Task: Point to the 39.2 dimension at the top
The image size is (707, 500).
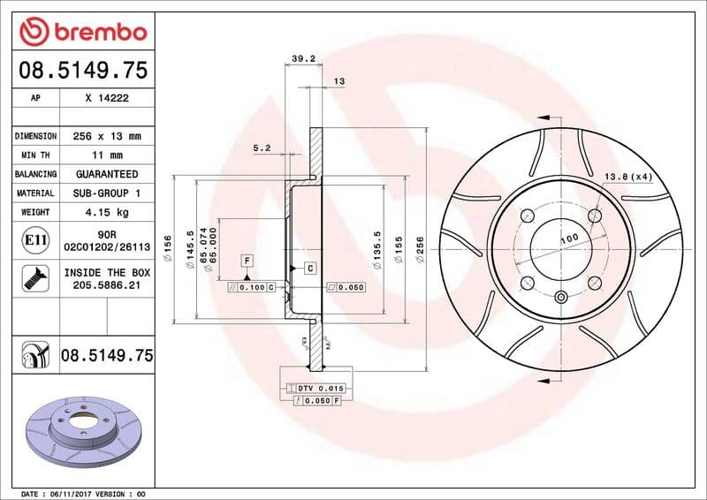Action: pyautogui.click(x=303, y=59)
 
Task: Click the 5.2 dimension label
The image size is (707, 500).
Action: pyautogui.click(x=261, y=148)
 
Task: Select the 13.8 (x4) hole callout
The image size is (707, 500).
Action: pyautogui.click(x=628, y=177)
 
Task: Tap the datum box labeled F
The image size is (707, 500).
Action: pyautogui.click(x=247, y=261)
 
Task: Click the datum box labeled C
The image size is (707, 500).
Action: pyautogui.click(x=310, y=267)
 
